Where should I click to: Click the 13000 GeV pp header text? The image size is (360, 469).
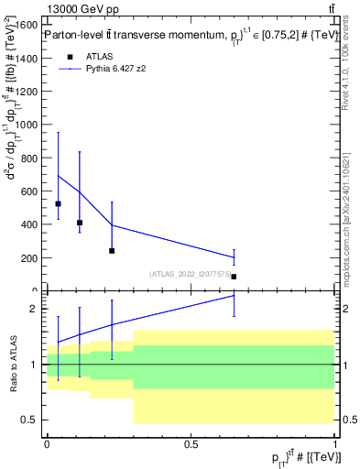(x=80, y=9)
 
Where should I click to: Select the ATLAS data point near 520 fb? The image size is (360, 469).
(x=58, y=203)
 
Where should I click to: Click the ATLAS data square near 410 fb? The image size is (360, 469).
(x=80, y=223)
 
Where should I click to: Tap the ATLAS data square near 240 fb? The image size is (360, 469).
(x=112, y=250)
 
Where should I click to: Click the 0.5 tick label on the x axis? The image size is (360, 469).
(x=191, y=443)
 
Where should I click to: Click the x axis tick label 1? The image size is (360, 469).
(x=335, y=443)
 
